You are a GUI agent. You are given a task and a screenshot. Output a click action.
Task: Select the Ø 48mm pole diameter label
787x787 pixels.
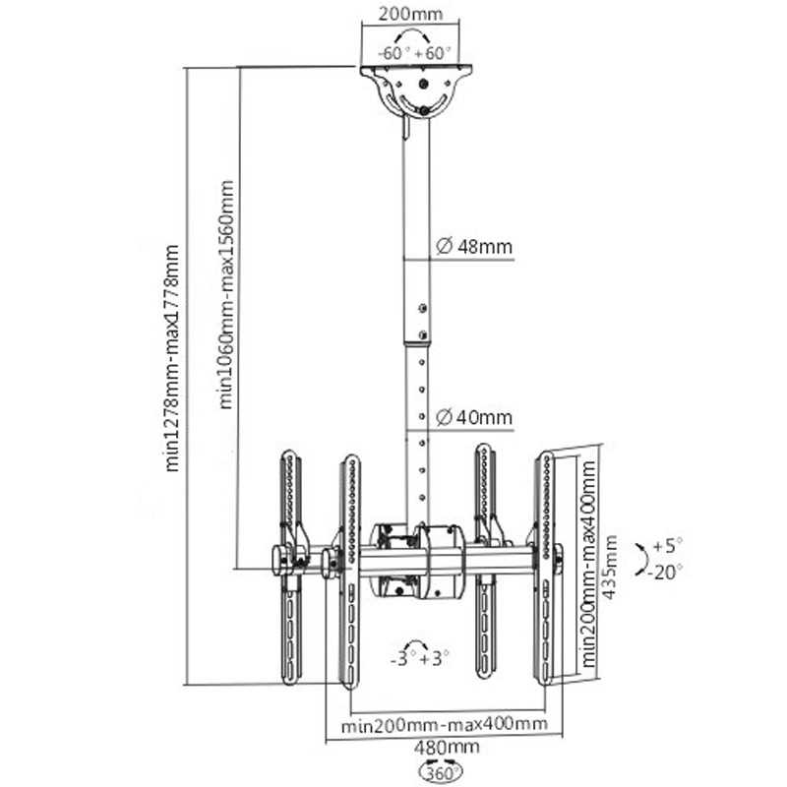coord(473,247)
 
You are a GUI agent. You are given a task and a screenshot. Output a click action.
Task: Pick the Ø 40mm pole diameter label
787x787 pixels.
coord(473,418)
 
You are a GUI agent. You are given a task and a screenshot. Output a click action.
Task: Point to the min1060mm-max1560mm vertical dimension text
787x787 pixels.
coord(226,293)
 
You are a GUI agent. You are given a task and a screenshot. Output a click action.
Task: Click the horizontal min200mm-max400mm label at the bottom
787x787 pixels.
coord(445,726)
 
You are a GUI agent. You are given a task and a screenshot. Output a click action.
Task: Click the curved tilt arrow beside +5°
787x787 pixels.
coord(640,557)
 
